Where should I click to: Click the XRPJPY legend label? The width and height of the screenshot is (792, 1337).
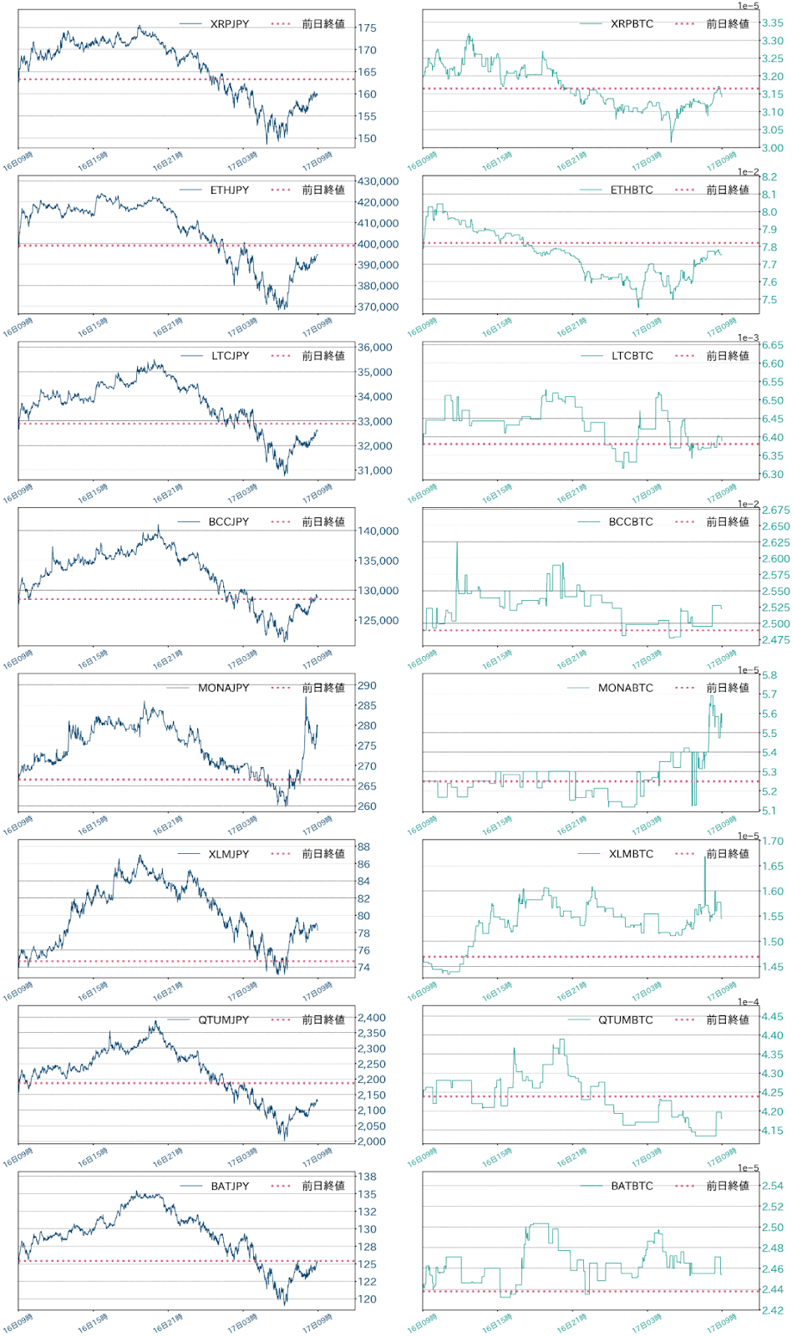click(x=229, y=24)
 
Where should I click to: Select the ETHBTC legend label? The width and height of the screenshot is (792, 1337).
click(x=632, y=191)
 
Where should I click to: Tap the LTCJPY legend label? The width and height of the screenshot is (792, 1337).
click(x=230, y=356)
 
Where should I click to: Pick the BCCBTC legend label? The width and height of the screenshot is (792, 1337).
click(x=631, y=522)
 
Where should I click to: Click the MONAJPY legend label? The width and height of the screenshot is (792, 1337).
click(x=223, y=689)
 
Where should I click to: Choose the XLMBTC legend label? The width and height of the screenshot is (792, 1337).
click(x=631, y=854)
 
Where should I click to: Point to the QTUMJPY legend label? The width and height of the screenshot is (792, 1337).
click(x=223, y=1020)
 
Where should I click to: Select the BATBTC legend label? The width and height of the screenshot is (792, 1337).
click(x=632, y=1187)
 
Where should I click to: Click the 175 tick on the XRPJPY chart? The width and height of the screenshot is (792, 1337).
click(x=367, y=28)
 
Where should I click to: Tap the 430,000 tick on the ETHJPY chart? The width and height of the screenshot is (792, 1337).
click(x=378, y=181)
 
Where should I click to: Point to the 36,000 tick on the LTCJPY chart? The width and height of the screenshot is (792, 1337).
click(x=374, y=348)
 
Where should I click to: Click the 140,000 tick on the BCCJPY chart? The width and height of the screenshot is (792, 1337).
click(x=378, y=531)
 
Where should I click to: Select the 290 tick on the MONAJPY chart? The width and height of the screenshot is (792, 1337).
click(x=367, y=686)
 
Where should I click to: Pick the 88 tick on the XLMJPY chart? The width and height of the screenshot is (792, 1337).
click(x=363, y=846)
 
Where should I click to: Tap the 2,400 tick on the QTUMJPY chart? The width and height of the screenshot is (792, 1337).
click(x=371, y=1019)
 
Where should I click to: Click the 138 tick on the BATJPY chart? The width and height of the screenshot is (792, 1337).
click(x=367, y=1177)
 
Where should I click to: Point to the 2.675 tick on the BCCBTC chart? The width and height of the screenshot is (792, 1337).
click(x=775, y=511)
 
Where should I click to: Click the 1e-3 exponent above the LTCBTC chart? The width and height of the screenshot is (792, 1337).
click(x=748, y=338)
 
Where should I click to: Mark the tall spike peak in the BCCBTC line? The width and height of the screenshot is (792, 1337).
click(x=457, y=543)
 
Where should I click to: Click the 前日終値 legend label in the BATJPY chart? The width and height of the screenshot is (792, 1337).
click(x=323, y=1187)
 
